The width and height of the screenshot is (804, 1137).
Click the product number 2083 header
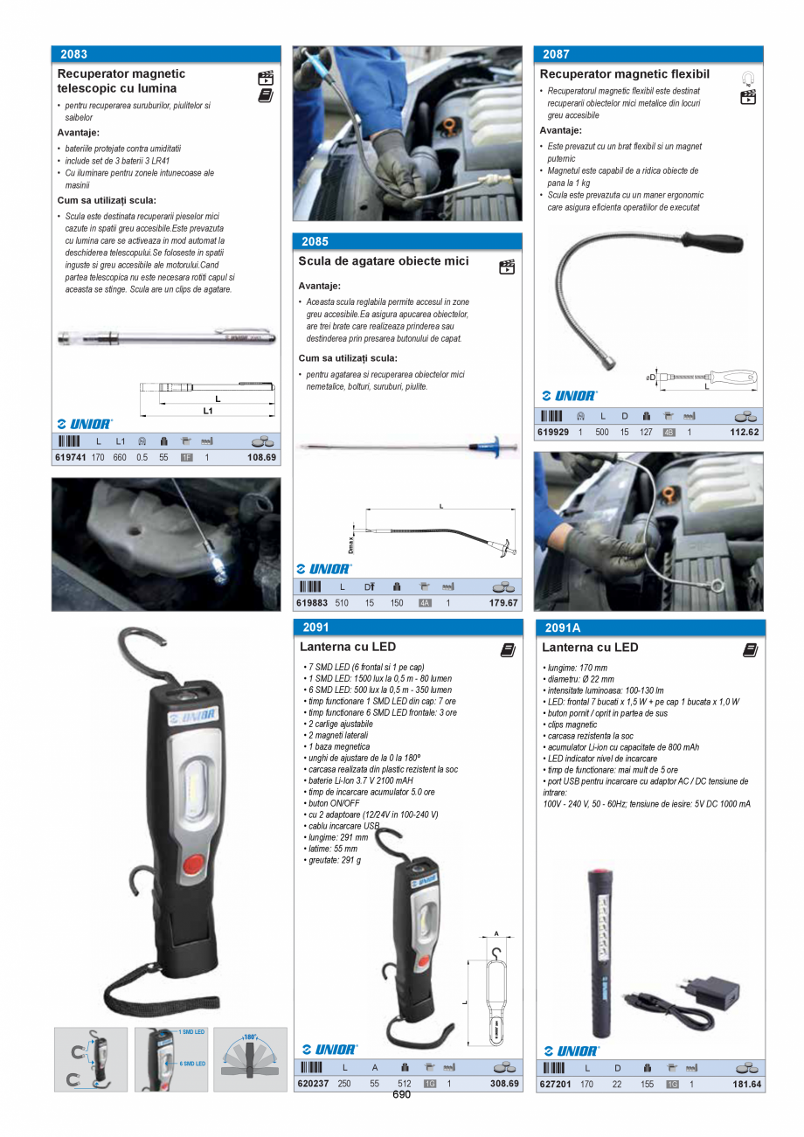coord(74,54)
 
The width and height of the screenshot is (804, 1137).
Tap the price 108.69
coord(261,457)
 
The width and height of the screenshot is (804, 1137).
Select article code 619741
coord(70,457)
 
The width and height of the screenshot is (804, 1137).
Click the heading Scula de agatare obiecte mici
coord(384,261)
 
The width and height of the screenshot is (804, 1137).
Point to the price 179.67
coord(503,603)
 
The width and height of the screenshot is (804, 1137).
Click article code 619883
coord(312,603)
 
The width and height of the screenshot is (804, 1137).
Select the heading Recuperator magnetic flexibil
coord(624,74)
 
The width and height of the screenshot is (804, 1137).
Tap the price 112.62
coord(745,432)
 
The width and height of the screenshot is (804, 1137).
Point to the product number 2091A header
coord(562,627)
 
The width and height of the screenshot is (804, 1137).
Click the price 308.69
coord(504,1084)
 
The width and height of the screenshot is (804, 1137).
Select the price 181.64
coord(746,1085)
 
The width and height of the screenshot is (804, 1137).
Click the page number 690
coord(401,1095)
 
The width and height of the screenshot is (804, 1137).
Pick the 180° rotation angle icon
coord(250,1058)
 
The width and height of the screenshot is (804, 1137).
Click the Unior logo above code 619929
coord(570,396)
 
